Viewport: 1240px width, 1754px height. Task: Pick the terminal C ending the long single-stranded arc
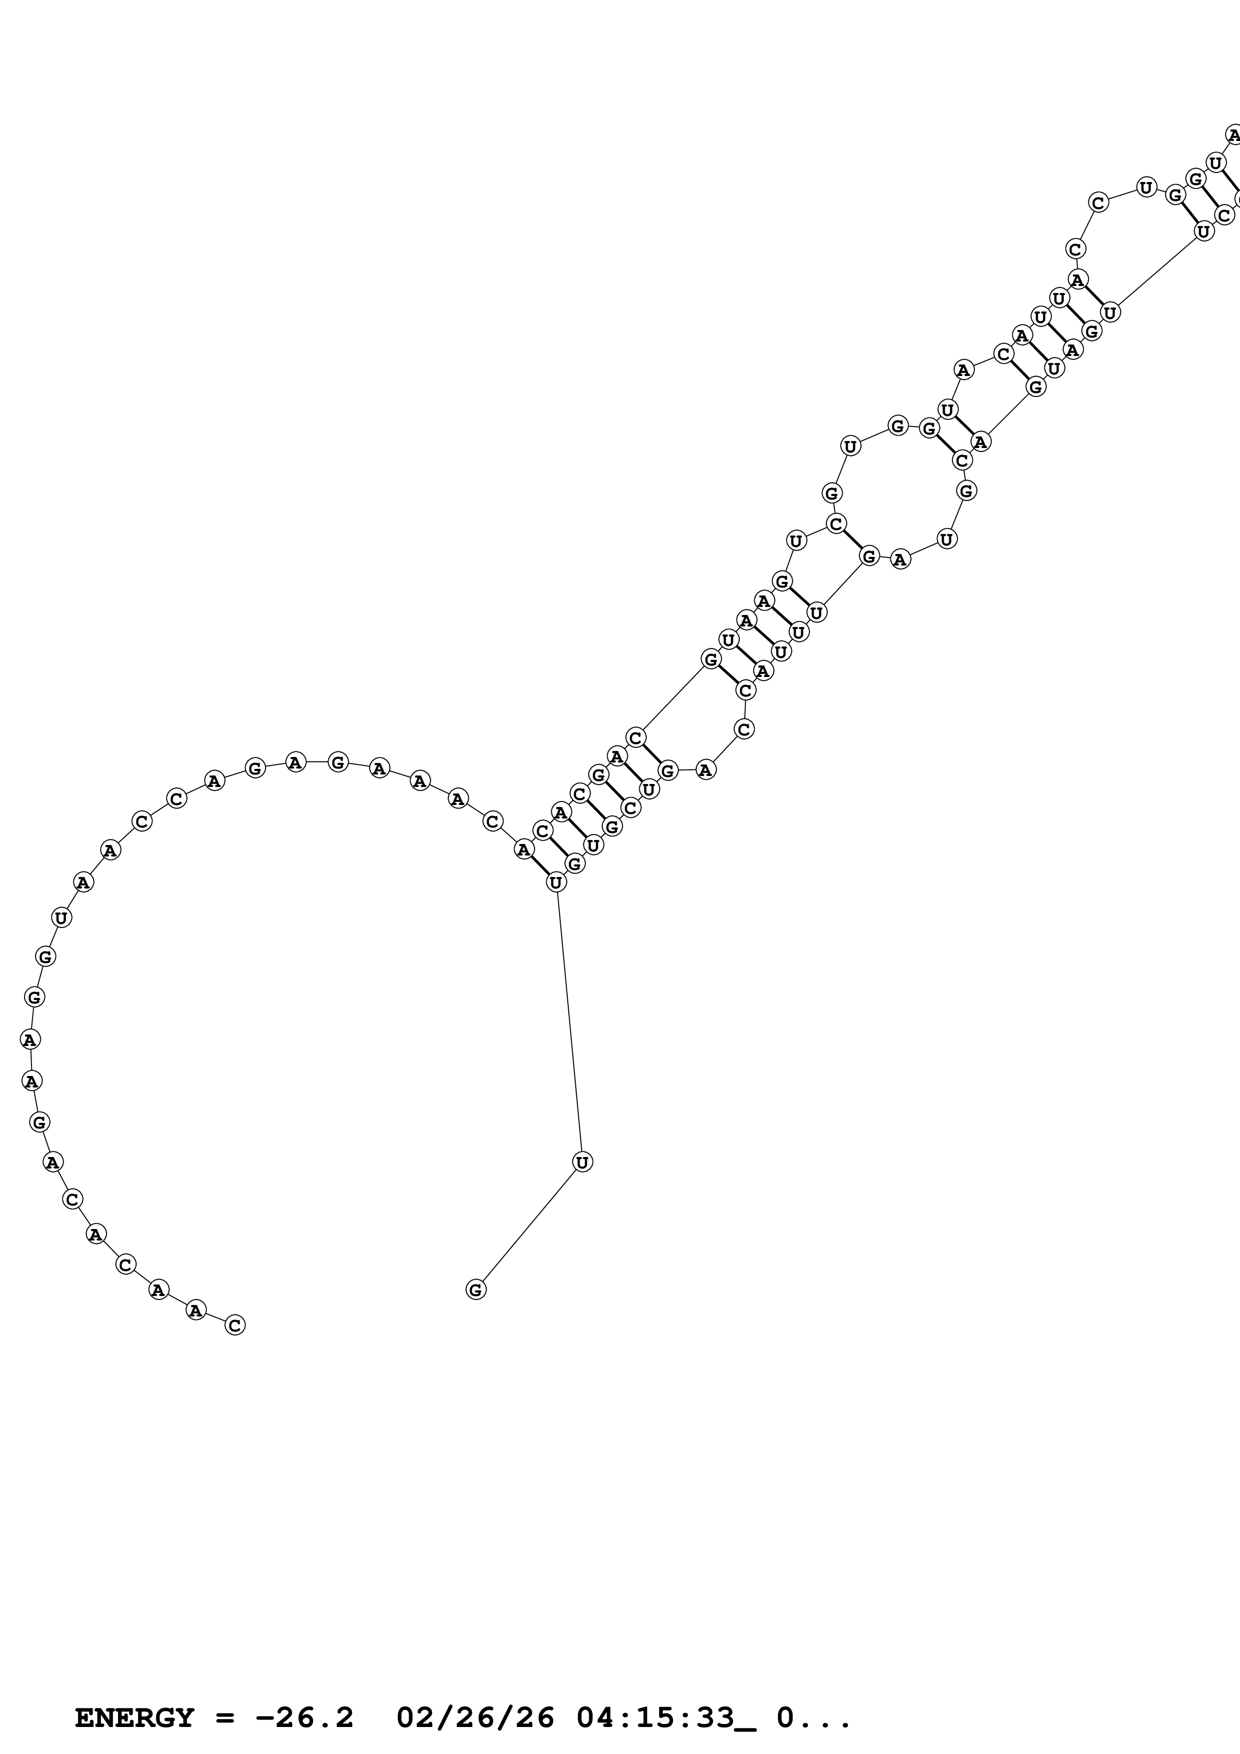pos(235,1324)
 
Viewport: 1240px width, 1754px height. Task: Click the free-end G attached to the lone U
pos(475,1289)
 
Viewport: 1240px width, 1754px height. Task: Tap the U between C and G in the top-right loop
pos(1146,186)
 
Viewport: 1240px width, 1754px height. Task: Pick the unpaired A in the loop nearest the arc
pos(705,770)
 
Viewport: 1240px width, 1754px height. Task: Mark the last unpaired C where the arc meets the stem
pos(493,821)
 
